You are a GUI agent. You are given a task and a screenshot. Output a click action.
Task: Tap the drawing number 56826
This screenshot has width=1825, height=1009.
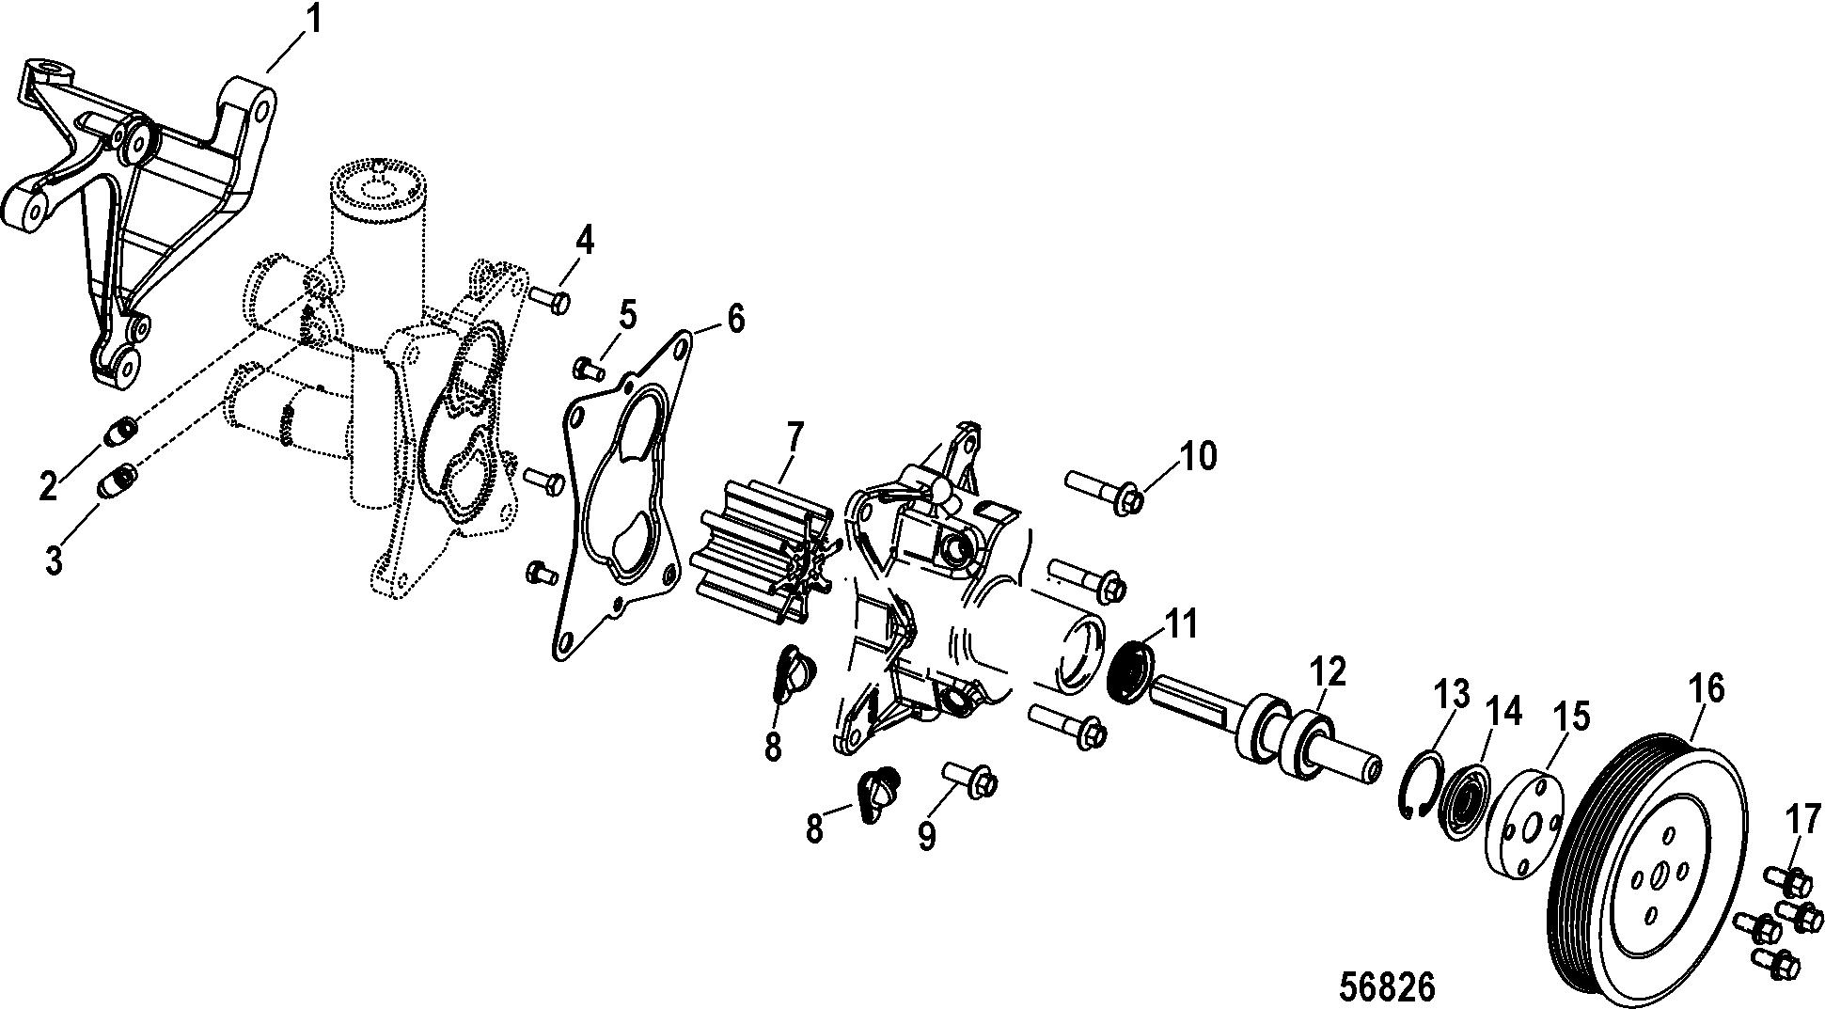pos(1387,986)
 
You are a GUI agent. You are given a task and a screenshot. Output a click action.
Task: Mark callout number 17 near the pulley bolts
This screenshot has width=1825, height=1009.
pos(1802,820)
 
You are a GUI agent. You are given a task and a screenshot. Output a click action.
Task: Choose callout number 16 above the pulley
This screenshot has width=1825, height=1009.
pos(1707,689)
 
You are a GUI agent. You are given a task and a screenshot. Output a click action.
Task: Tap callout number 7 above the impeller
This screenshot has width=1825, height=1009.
pos(795,437)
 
